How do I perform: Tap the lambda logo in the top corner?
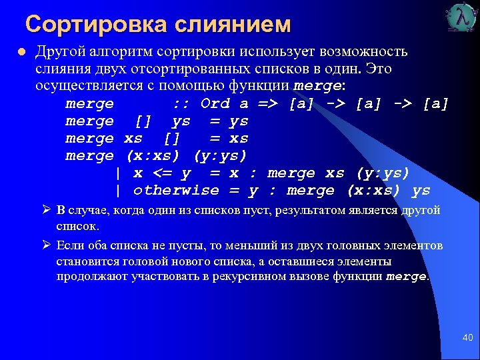pos(461,18)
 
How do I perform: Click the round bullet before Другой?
pos(21,52)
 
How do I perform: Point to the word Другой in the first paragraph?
pos(58,52)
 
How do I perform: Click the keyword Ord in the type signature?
pos(215,104)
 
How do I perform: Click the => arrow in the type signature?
pos(269,104)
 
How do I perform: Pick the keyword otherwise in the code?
pos(176,191)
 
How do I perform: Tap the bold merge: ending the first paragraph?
pos(319,87)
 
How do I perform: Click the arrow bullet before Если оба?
pos(47,245)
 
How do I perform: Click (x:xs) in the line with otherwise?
pos(373,191)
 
